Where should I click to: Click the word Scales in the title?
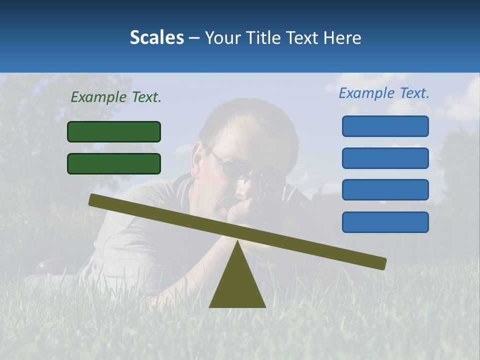click(x=156, y=37)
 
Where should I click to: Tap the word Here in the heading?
click(x=342, y=37)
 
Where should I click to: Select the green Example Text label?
click(x=116, y=97)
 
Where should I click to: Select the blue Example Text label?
click(x=384, y=93)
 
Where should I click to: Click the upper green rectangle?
click(x=114, y=131)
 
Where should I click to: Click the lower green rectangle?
click(x=114, y=163)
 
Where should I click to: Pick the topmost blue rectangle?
click(x=385, y=126)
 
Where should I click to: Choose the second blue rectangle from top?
click(x=385, y=158)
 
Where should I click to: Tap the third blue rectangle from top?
click(x=385, y=190)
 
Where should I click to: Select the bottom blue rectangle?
click(x=385, y=222)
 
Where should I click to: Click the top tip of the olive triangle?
click(x=237, y=242)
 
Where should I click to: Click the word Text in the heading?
click(x=304, y=37)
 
